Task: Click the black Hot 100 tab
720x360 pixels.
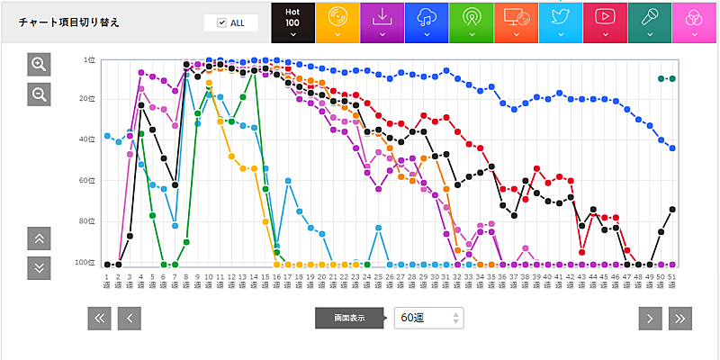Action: tap(292, 22)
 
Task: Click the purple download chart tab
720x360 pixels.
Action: tap(382, 22)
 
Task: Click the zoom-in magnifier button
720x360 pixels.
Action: tap(39, 64)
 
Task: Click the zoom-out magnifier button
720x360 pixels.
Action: tap(39, 94)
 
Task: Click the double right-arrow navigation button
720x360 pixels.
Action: tap(680, 318)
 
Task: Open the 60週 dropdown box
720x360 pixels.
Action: tap(428, 318)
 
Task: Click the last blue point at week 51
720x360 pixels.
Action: tap(672, 148)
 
